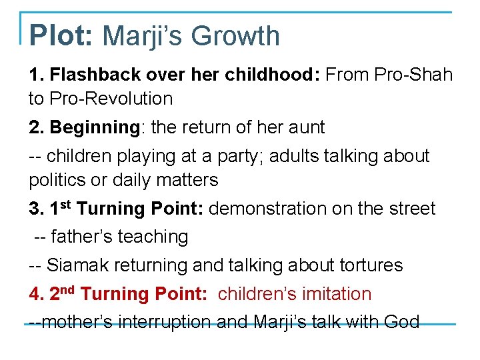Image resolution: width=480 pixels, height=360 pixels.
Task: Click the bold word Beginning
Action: point(94,127)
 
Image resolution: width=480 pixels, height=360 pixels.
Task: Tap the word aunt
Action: point(307,127)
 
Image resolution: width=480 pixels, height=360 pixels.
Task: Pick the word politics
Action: point(57,180)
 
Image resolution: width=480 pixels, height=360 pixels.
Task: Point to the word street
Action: point(413,208)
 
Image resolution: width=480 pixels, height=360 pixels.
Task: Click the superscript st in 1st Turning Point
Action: point(67,203)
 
